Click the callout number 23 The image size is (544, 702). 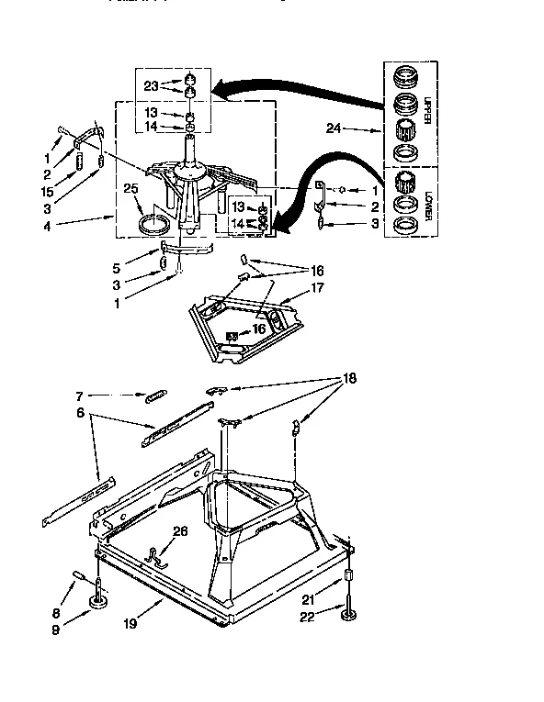pyautogui.click(x=152, y=86)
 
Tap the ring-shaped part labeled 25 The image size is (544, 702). pyautogui.click(x=153, y=223)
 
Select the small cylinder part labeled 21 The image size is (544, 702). pyautogui.click(x=349, y=577)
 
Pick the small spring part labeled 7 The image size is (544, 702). pyautogui.click(x=154, y=396)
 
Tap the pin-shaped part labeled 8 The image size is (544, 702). pyautogui.click(x=79, y=578)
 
